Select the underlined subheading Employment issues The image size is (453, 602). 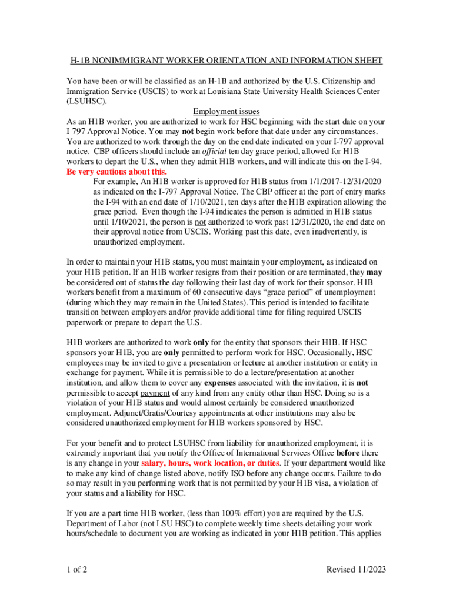tap(226, 112)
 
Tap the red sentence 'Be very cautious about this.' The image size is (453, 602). tap(117, 172)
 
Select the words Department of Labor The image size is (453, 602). tap(101, 523)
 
